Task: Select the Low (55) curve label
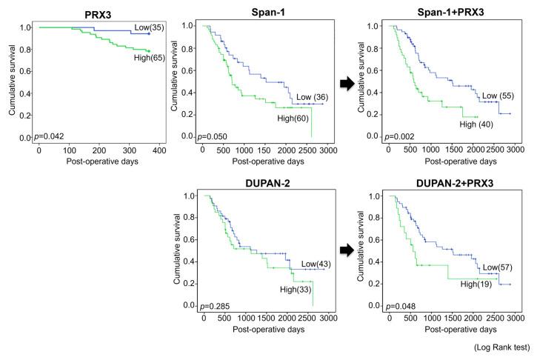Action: [x=493, y=96]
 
